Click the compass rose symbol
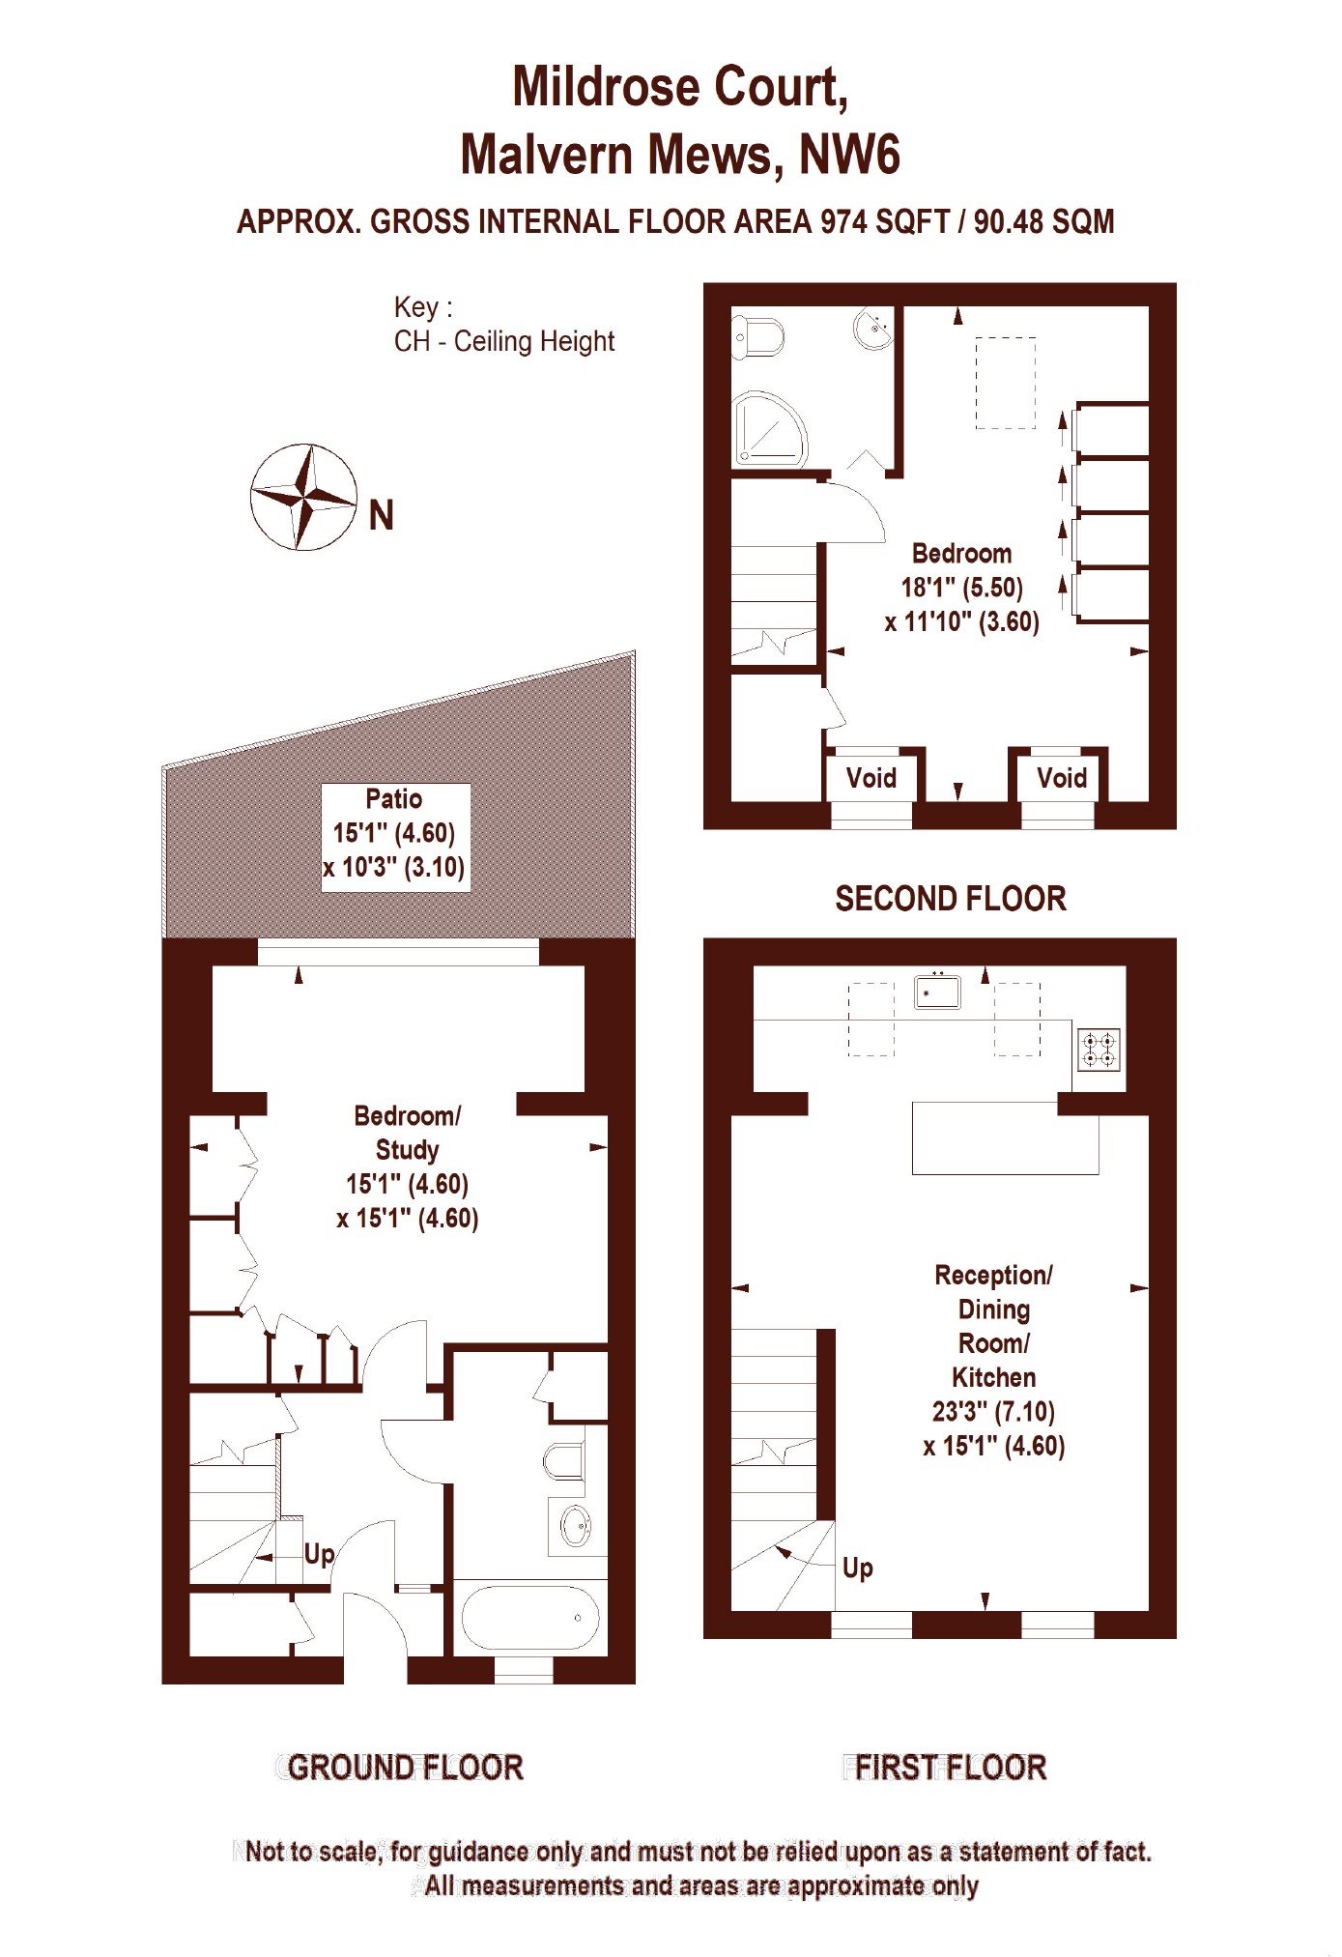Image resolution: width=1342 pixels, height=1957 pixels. [x=303, y=497]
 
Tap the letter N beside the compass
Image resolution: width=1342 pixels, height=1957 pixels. [x=382, y=516]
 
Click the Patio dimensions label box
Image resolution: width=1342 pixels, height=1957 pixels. [x=395, y=833]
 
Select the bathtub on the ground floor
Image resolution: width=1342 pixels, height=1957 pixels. [x=529, y=1617]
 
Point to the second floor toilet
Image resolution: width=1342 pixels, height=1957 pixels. [x=760, y=337]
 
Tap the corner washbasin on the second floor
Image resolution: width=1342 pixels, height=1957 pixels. [x=874, y=328]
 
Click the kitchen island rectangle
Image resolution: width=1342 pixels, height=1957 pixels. [x=1005, y=1137]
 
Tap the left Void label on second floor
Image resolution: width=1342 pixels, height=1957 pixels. [x=871, y=778]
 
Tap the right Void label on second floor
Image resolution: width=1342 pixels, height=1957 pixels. [x=1061, y=778]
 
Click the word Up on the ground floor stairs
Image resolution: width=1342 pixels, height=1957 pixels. [x=319, y=1553]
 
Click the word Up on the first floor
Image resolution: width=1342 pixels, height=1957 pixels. [x=857, y=1568]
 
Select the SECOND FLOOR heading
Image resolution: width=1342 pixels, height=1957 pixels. [x=950, y=899]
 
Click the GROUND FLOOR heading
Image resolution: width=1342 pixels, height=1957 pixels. [x=404, y=1768]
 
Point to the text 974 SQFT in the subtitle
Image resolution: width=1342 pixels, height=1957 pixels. [x=884, y=221]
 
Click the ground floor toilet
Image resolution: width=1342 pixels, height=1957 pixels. [x=563, y=1461]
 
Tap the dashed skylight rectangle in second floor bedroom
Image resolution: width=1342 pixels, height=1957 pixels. [x=1005, y=383]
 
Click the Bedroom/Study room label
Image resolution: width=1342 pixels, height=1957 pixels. [x=407, y=1133]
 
